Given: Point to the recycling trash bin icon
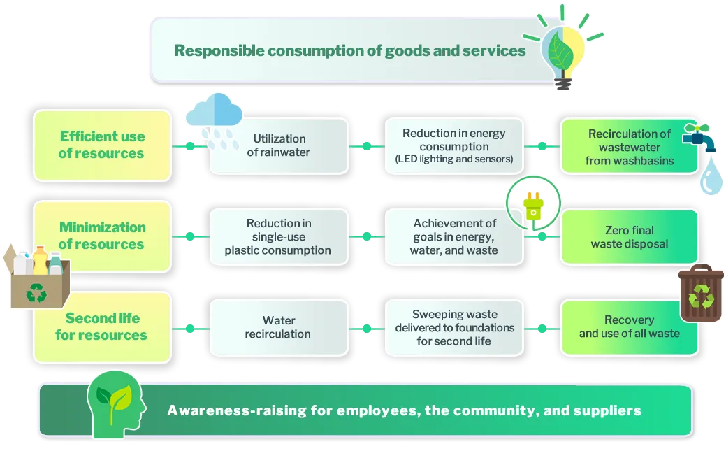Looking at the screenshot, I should coord(701,294).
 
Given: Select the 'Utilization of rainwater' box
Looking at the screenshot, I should coord(279,145).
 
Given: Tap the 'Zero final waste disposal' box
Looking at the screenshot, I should coord(629,237).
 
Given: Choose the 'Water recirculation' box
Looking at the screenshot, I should coord(277,327).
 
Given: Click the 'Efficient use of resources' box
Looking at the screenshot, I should coord(102,145).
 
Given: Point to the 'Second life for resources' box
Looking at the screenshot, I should coord(102,327).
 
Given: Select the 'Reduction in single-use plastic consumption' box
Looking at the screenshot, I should coord(277,237).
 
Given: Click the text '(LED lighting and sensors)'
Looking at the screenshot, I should coord(454,159).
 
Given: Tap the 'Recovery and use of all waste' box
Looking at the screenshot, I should coord(629,327).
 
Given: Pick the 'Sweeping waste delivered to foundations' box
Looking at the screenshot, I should coord(454,327).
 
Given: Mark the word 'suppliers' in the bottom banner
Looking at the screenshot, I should coord(607,410).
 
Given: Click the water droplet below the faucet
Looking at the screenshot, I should coord(711,181).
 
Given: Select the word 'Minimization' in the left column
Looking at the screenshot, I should coord(102,227).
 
